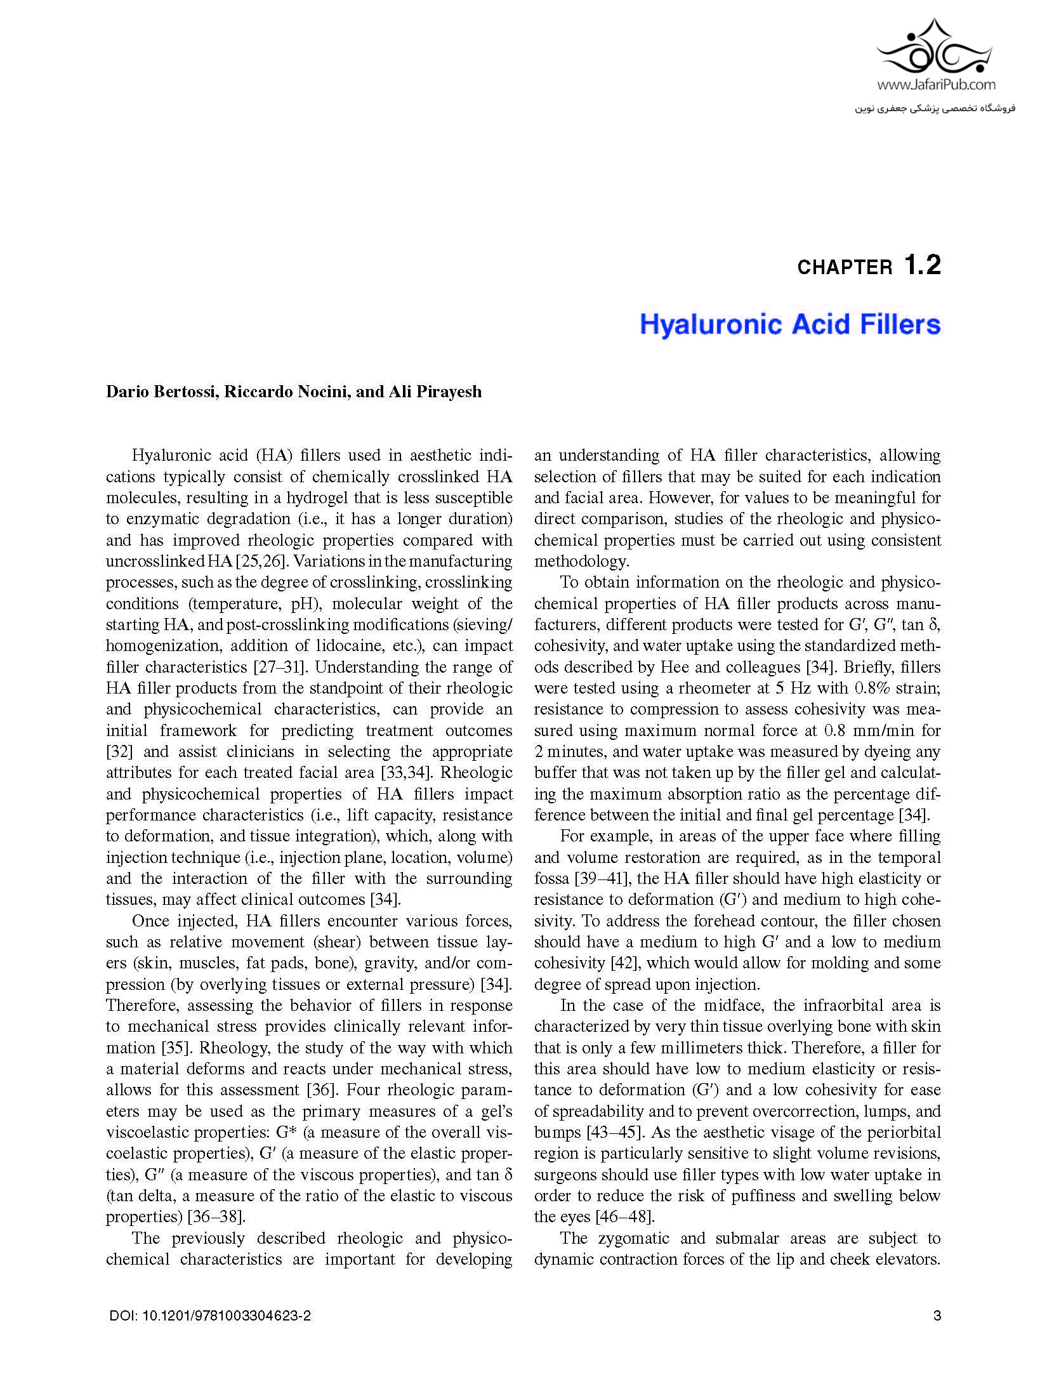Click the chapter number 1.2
tap(922, 265)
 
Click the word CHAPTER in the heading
tap(845, 268)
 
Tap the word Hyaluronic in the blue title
tap(711, 324)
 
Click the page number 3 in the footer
tap(937, 1316)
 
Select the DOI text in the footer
tap(210, 1316)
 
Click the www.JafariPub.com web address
tap(937, 84)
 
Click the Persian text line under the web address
tap(935, 109)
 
